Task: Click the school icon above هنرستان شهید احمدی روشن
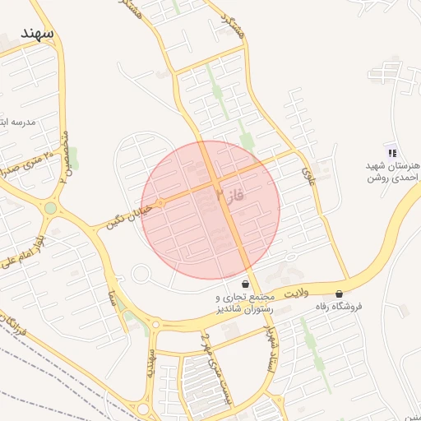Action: pos(392,152)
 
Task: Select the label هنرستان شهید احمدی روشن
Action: pos(393,171)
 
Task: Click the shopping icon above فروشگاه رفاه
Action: pos(339,294)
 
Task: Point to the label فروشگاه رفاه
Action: pos(339,307)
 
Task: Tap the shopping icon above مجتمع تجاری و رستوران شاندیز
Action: pos(245,284)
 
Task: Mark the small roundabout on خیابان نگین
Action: pos(161,201)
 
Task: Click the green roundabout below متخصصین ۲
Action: pos(51,208)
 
